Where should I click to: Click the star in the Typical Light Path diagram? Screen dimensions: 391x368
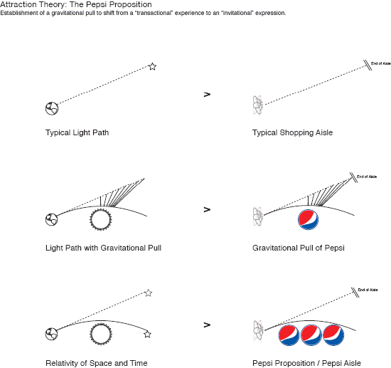[x=152, y=67]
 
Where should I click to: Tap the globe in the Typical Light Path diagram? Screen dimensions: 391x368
[x=52, y=109]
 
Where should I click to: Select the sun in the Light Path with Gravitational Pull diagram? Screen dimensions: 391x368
[x=101, y=220]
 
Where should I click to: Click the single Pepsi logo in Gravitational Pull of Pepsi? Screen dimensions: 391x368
[x=309, y=220]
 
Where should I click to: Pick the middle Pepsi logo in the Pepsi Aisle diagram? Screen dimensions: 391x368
[x=311, y=335]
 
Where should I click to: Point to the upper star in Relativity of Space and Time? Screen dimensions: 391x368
[x=149, y=293]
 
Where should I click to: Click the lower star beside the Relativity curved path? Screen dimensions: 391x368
[x=147, y=335]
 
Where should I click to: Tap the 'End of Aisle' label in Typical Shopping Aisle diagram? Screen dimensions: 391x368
[x=381, y=63]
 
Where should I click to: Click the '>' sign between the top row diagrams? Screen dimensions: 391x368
[x=207, y=95]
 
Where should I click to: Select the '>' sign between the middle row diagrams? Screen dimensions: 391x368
[x=207, y=209]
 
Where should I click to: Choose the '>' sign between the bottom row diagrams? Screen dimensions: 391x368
[x=207, y=325]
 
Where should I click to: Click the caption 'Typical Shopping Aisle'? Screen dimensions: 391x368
[x=292, y=132]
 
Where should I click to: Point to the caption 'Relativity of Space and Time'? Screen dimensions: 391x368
[x=97, y=363]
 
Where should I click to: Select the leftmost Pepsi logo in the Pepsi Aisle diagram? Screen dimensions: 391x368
[x=289, y=335]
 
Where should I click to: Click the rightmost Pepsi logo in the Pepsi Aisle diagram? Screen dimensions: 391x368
[x=333, y=335]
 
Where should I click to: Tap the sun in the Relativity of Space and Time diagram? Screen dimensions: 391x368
[x=101, y=334]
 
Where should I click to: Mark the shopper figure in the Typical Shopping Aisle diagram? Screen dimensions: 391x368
[x=258, y=105]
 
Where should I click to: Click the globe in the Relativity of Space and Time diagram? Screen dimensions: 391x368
[x=52, y=334]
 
